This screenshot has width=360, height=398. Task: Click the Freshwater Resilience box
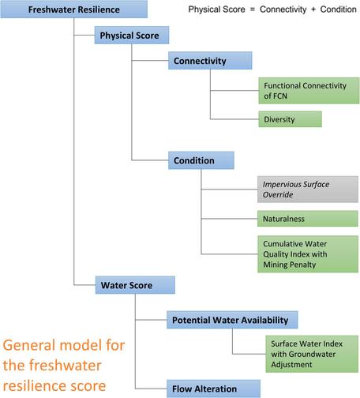coord(74,9)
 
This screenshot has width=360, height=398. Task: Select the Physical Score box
coord(132,35)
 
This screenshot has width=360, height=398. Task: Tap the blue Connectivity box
coord(210,61)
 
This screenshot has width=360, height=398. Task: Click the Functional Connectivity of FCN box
coord(309,91)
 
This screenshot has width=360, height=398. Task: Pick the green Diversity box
coord(290,119)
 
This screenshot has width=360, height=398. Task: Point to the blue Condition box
coord(201,160)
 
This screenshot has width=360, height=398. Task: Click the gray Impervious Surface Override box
coord(308,190)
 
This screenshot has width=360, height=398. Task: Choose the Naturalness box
coord(307,219)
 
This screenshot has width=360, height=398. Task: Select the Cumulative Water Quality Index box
coord(308,254)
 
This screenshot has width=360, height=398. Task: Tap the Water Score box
coord(135,285)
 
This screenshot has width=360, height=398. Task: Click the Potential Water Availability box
coord(232,320)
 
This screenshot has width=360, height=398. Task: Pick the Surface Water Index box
coord(312,354)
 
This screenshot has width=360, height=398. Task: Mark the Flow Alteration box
coord(213,389)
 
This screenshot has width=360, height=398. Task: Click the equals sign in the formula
coord(253,9)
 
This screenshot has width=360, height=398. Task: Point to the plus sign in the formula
coord(313,9)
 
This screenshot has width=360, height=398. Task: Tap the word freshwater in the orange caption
coord(65,366)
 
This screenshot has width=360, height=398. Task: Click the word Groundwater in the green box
coord(312,354)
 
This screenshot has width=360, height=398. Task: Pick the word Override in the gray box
coord(278,195)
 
